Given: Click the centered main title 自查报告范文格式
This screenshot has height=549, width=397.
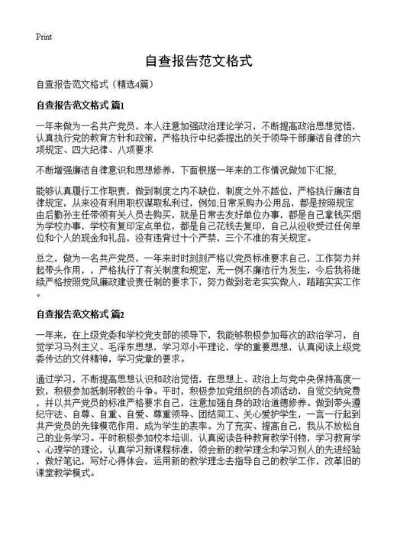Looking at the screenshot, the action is (198, 61).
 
